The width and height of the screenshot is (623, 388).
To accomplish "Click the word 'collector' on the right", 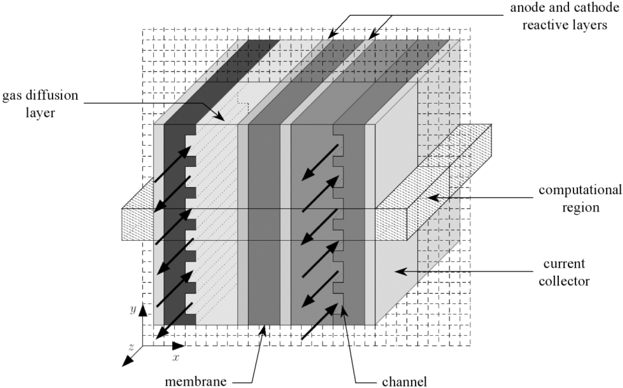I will (564, 281).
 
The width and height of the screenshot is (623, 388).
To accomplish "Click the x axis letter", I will (175, 358).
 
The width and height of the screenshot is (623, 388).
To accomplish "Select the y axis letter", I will (133, 310).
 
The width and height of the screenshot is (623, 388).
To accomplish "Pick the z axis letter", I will (131, 347).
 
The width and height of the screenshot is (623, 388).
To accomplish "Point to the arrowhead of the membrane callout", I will (264, 329).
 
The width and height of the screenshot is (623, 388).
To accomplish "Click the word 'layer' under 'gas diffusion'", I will (40, 113).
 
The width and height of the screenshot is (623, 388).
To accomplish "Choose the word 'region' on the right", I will (581, 207).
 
